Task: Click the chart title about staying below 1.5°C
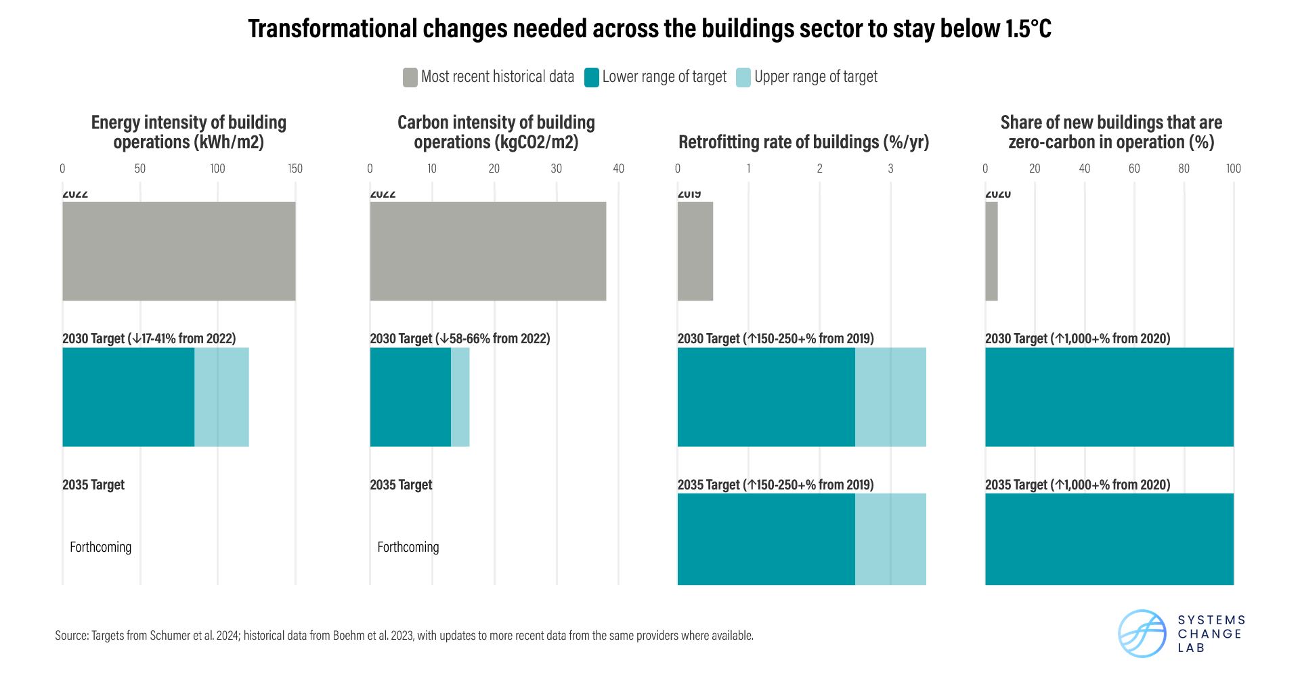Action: click(x=649, y=29)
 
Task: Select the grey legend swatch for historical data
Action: click(x=410, y=77)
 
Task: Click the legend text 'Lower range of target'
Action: click(x=664, y=77)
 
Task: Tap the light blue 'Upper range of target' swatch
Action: click(x=743, y=77)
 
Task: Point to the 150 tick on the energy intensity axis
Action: click(x=295, y=169)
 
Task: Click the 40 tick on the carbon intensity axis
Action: click(x=618, y=169)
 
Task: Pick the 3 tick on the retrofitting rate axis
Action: click(x=890, y=169)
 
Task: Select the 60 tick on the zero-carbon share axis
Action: click(x=1134, y=169)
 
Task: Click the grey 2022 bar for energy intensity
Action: click(x=179, y=251)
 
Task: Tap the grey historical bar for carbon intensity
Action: click(x=487, y=251)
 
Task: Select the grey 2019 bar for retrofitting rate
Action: click(x=695, y=251)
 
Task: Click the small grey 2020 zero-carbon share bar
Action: click(x=991, y=251)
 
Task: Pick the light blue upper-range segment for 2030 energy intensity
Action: click(x=221, y=397)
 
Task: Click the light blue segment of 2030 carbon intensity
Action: click(x=460, y=397)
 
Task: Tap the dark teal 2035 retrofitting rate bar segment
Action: click(x=766, y=539)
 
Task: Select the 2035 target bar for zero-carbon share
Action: click(x=1109, y=539)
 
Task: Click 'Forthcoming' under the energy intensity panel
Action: click(x=100, y=547)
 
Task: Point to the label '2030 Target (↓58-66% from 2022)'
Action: click(x=460, y=338)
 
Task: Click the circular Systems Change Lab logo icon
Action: click(x=1142, y=634)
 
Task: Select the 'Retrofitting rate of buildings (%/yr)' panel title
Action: click(x=804, y=142)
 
